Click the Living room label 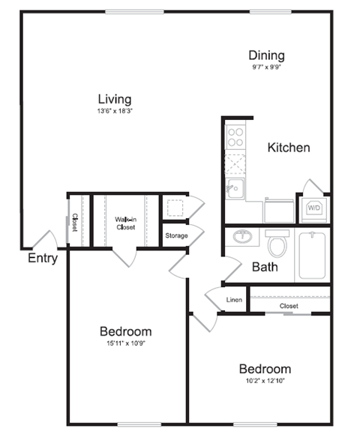click(x=115, y=99)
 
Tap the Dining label click(x=266, y=55)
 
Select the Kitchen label click(x=288, y=148)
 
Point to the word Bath click(x=265, y=266)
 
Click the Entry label click(x=43, y=259)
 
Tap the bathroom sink click(x=243, y=238)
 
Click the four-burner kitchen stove click(x=236, y=137)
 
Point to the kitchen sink click(x=235, y=187)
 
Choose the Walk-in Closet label click(x=125, y=223)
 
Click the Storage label click(x=177, y=236)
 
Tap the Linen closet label click(x=234, y=301)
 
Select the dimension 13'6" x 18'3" click(x=115, y=112)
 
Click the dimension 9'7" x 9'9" click(x=266, y=67)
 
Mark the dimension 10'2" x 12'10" click(x=265, y=381)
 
